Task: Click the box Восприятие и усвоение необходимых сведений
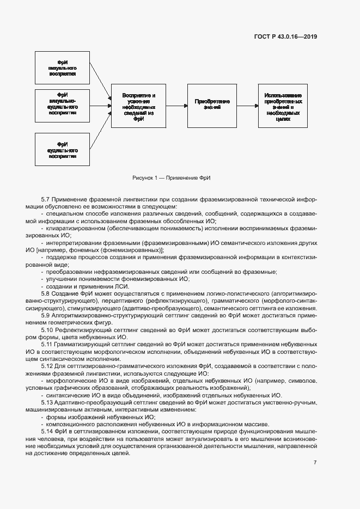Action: click(138, 107)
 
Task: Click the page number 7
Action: click(315, 463)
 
